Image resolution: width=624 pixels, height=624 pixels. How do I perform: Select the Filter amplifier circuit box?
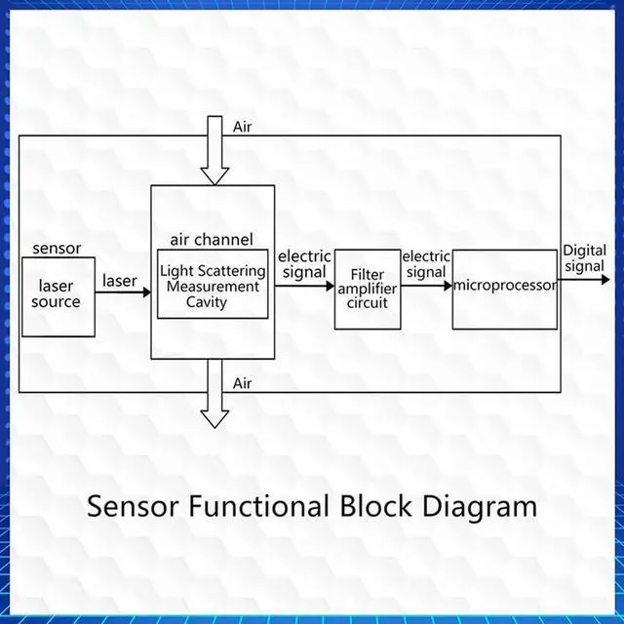coord(368,290)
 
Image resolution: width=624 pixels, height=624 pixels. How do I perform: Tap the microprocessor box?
coord(505,288)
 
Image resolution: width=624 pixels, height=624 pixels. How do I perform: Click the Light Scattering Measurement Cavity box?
coord(213,286)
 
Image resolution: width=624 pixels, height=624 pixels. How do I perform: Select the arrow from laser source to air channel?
coord(124,291)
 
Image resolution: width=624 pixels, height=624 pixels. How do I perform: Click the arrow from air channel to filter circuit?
coord(305,290)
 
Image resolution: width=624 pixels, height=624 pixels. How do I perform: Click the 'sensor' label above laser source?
coord(58,249)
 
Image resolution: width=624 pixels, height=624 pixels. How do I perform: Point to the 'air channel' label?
coord(211,239)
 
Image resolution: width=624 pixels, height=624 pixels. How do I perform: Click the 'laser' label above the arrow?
coord(120,281)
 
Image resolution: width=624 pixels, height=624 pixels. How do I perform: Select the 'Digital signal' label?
coord(584,258)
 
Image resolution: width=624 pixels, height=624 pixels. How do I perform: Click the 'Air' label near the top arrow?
coord(242,127)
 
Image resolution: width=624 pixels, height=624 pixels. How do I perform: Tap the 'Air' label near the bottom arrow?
coord(242,383)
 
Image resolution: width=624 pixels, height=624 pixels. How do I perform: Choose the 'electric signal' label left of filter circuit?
coord(304,264)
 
